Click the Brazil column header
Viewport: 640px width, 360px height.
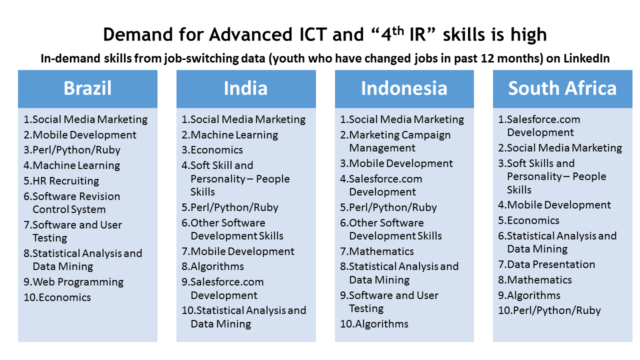pos(87,88)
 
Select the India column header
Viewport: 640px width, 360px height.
pos(245,88)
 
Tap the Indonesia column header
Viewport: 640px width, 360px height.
pos(404,88)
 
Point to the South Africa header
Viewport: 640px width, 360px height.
pos(562,88)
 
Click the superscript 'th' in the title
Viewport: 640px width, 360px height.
pos(398,31)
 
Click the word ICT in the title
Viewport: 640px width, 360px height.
pos(313,34)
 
